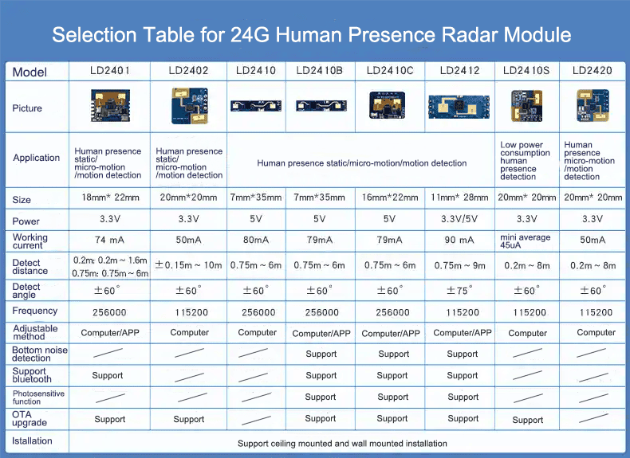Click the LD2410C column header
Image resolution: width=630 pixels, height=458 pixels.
(390, 71)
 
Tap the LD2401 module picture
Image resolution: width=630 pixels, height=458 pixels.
(108, 106)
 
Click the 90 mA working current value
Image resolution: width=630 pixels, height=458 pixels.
(462, 240)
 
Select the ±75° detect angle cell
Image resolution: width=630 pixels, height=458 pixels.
(462, 291)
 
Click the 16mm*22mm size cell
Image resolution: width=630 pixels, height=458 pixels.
(390, 198)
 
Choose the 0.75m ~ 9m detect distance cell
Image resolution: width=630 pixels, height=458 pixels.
(462, 266)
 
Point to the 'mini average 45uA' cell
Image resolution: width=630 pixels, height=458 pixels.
(526, 241)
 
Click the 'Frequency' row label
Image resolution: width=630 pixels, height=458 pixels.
(35, 311)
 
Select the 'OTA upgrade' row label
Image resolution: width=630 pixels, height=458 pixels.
(30, 418)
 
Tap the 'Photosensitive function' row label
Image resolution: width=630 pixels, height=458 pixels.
(38, 397)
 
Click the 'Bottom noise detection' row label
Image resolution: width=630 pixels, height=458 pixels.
(39, 354)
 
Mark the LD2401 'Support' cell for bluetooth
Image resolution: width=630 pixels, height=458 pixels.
(108, 375)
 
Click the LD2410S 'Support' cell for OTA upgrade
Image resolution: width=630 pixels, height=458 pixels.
(527, 420)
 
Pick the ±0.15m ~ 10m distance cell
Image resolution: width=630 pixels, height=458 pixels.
(188, 265)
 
